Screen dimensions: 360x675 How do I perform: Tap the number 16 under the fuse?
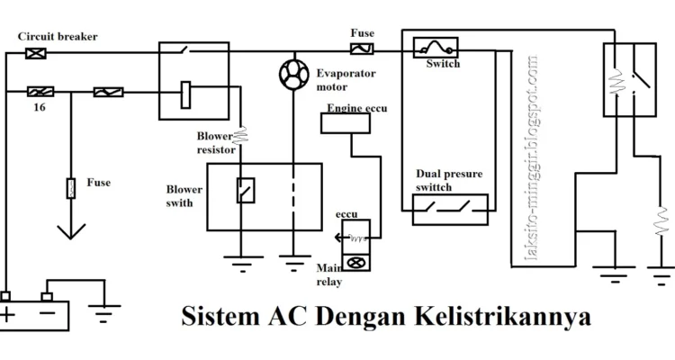click(x=40, y=106)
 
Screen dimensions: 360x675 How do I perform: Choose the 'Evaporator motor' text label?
click(x=345, y=80)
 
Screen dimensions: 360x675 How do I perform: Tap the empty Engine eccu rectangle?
click(x=350, y=124)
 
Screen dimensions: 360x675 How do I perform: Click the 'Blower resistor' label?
click(x=217, y=143)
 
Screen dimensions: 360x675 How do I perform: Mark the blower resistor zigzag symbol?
click(x=241, y=137)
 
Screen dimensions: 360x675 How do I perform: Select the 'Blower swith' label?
click(x=184, y=197)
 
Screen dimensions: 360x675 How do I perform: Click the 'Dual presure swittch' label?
click(x=447, y=181)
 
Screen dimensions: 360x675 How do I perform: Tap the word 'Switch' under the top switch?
click(x=442, y=64)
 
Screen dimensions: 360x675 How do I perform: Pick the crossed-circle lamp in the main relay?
click(x=355, y=263)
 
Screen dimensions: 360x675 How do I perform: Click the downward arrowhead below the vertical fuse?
click(x=70, y=231)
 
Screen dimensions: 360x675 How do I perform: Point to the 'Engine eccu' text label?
click(x=356, y=108)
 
